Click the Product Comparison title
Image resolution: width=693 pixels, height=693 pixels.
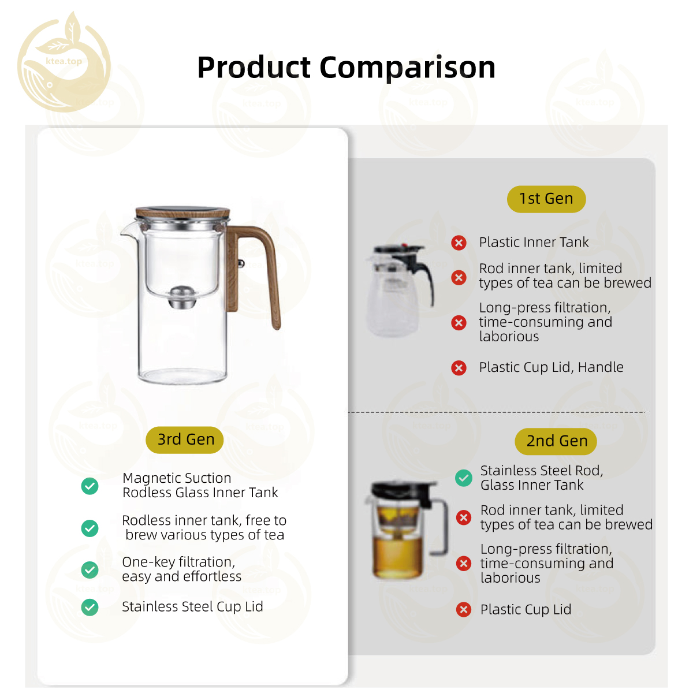pyautogui.click(x=346, y=67)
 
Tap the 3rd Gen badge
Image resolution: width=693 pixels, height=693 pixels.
pyautogui.click(x=184, y=439)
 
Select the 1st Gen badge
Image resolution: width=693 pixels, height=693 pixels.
pyautogui.click(x=546, y=199)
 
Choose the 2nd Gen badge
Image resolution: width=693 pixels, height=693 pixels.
pyautogui.click(x=556, y=441)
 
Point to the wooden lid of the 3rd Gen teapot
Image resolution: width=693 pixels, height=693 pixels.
pyautogui.click(x=182, y=212)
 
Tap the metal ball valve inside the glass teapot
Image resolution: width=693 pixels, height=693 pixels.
pyautogui.click(x=182, y=297)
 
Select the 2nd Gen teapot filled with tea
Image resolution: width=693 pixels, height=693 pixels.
pyautogui.click(x=405, y=530)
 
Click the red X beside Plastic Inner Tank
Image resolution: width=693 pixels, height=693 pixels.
pyautogui.click(x=459, y=243)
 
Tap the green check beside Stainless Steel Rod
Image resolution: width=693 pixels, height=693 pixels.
pyautogui.click(x=464, y=478)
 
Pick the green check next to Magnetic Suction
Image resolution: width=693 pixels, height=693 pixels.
pyautogui.click(x=90, y=486)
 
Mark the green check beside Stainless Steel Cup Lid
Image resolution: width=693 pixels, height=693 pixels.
pyautogui.click(x=90, y=608)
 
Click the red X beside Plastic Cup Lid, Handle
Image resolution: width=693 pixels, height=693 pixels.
pyautogui.click(x=459, y=368)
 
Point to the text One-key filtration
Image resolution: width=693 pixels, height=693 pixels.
pyautogui.click(x=178, y=562)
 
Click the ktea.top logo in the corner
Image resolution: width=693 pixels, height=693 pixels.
pyautogui.click(x=64, y=62)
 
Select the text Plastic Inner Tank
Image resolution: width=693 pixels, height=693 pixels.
pyautogui.click(x=534, y=243)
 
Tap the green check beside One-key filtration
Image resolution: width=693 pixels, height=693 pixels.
pyautogui.click(x=90, y=569)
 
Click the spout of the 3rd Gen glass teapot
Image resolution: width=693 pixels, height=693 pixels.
pyautogui.click(x=128, y=230)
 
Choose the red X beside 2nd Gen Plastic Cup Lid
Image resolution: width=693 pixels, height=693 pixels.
pyautogui.click(x=464, y=610)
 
